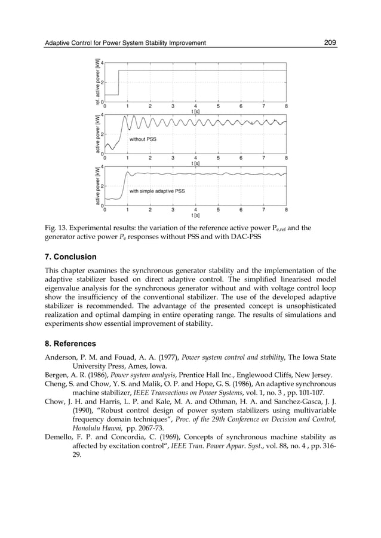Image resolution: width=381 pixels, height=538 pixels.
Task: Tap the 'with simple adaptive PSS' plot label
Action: click(x=157, y=191)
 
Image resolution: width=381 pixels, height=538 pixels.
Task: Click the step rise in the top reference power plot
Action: click(x=118, y=82)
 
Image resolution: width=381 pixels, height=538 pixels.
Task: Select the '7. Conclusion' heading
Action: click(x=70, y=257)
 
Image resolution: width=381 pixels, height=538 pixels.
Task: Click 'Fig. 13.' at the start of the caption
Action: click(x=58, y=228)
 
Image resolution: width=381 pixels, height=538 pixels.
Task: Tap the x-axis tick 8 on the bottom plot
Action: click(x=286, y=210)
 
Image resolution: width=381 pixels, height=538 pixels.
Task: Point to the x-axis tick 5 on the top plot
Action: click(x=218, y=106)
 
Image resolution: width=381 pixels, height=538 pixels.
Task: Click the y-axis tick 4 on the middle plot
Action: click(x=102, y=115)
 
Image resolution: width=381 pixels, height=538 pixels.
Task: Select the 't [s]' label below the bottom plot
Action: click(x=195, y=215)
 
